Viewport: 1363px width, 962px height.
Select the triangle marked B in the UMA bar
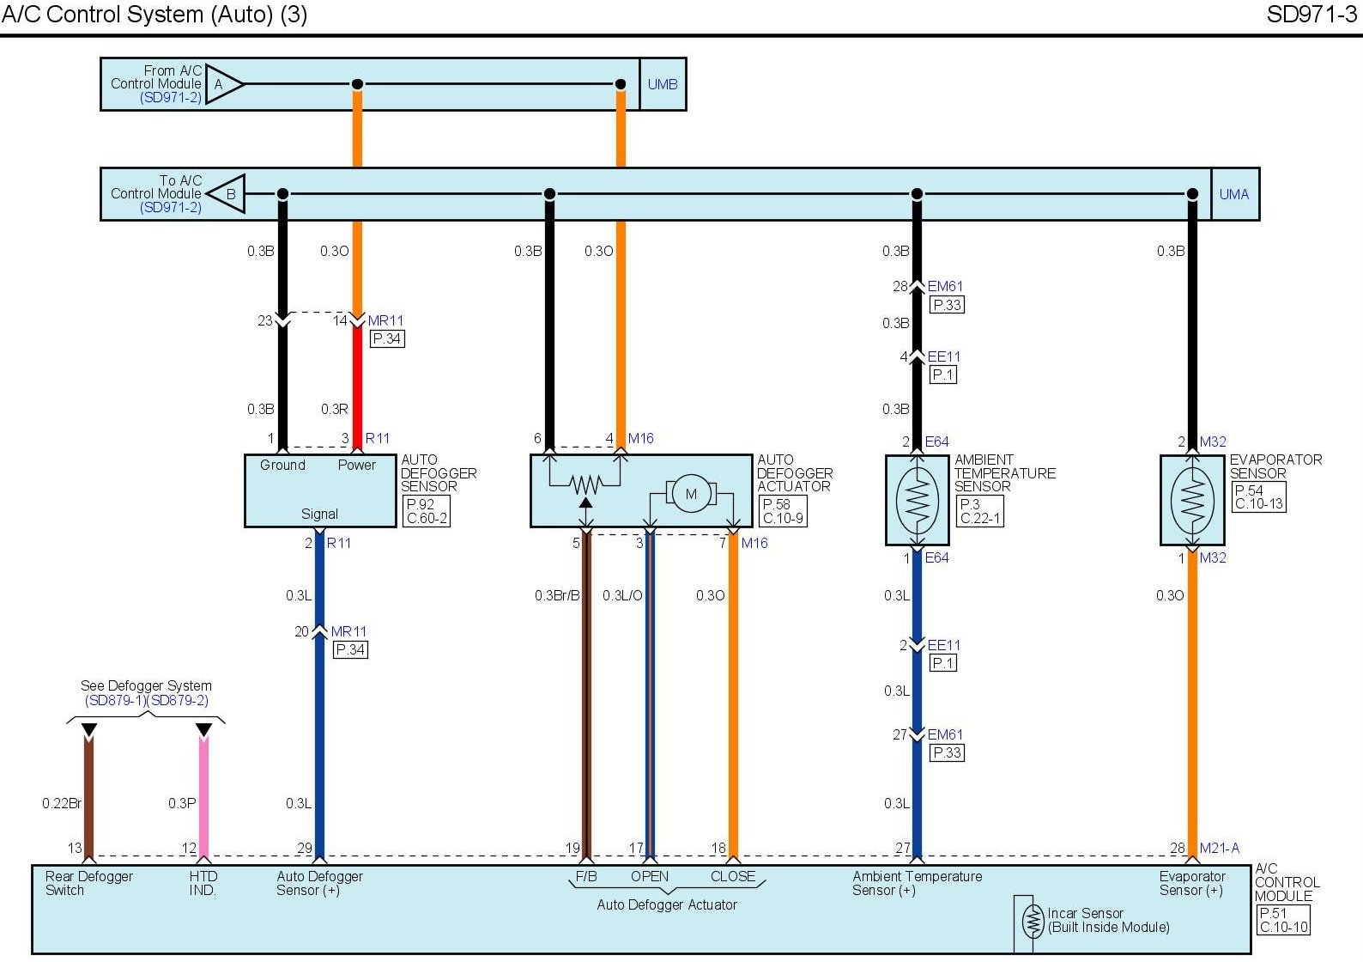pos(228,194)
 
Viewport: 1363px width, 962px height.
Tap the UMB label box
pos(663,84)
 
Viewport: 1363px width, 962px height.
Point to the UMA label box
pos(1234,194)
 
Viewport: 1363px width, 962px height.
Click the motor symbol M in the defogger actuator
pos(691,494)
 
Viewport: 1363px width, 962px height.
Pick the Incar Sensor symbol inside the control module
pos(1033,922)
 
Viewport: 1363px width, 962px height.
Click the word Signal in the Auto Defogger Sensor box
pos(319,514)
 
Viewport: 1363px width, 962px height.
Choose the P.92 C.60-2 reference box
pos(427,511)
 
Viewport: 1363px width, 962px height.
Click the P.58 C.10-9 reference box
pos(784,511)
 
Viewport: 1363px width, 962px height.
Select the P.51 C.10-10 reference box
pos(1283,920)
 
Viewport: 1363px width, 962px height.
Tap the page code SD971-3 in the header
pos(1312,15)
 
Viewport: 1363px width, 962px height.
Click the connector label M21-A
pos(1220,848)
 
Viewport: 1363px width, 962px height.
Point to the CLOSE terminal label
pos(733,876)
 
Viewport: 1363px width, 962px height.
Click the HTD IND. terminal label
pos(203,883)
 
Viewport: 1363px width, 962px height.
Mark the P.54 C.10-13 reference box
pos(1259,497)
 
